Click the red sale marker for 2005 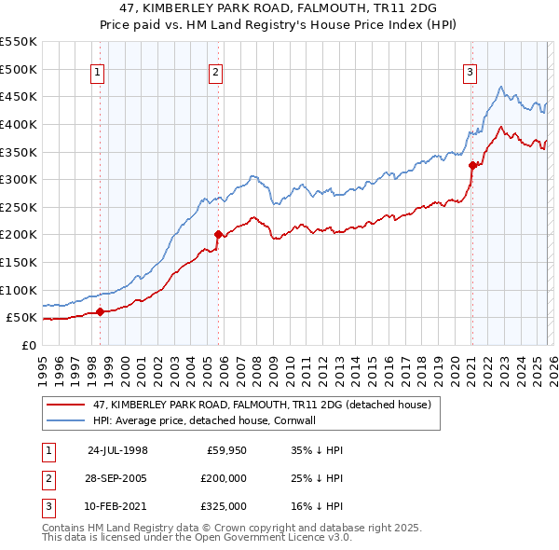(x=218, y=235)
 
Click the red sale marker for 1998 (x=100, y=312)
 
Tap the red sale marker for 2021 (x=472, y=165)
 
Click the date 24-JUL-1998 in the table (x=117, y=449)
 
